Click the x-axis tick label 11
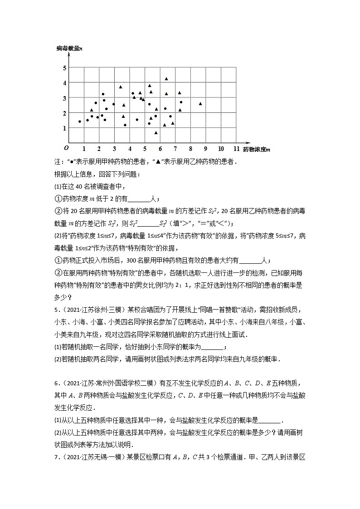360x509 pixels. coord(236,148)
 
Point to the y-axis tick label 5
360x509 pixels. coord(64,68)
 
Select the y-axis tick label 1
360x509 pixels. coord(64,128)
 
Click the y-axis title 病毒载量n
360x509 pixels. coord(69,48)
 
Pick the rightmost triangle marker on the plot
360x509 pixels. coord(200,104)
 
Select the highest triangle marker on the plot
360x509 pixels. coord(166,79)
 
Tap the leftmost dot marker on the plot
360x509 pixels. coord(80,121)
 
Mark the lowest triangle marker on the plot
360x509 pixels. coord(156,133)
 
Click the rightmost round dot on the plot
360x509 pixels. coord(181,102)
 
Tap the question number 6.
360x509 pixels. coord(55,383)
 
